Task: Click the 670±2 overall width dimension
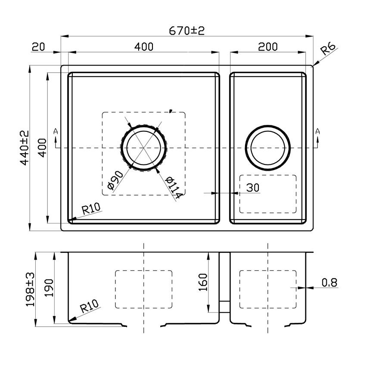pos(186,31)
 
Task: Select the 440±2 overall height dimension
pos(25,148)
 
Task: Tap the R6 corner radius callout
pos(328,49)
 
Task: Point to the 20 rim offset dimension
pos(38,47)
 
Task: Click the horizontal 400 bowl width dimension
pos(144,47)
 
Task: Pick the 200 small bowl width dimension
pos(268,47)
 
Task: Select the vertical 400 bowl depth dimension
pos(42,148)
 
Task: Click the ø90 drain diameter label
pos(115,180)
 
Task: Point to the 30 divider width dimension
pos(253,188)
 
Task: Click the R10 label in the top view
pos(91,208)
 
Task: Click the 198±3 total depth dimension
pos(30,289)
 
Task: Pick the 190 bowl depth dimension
pos(49,288)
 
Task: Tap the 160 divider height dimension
pos(203,282)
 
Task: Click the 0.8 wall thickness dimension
pos(329,282)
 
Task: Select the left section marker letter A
pos(56,131)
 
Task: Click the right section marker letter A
pos(317,131)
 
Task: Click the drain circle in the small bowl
pos(268,148)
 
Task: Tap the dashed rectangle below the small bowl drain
pos(268,194)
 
